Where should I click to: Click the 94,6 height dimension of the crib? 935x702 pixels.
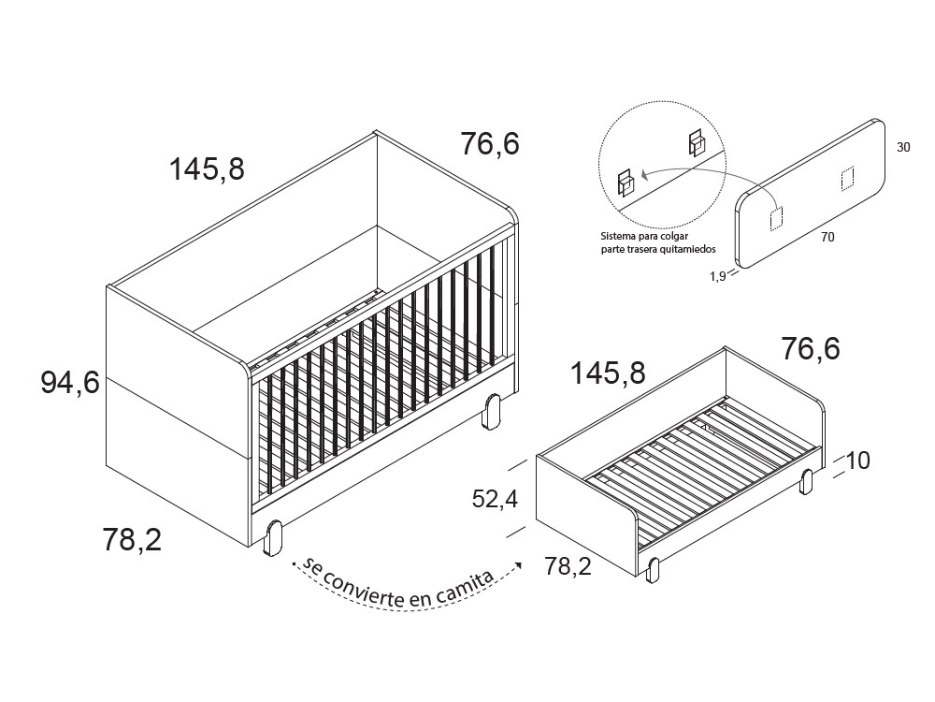tap(69, 383)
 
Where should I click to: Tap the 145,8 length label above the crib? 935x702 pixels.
tap(207, 169)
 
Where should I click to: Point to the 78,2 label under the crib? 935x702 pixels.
tap(132, 539)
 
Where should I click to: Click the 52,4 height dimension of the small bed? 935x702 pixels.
tap(495, 499)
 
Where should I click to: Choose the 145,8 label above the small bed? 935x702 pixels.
tap(608, 373)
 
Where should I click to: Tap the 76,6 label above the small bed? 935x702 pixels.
tap(811, 348)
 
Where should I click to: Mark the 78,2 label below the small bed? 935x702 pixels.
tap(568, 566)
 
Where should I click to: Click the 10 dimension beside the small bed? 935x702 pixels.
tap(857, 461)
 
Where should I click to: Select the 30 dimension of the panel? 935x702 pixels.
tap(903, 148)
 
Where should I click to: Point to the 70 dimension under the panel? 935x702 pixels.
tap(827, 238)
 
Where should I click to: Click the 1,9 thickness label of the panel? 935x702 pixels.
tap(717, 276)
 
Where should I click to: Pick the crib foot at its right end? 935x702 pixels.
tap(493, 411)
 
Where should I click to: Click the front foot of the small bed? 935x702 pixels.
tap(654, 568)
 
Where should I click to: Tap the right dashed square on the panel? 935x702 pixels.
tap(847, 178)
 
